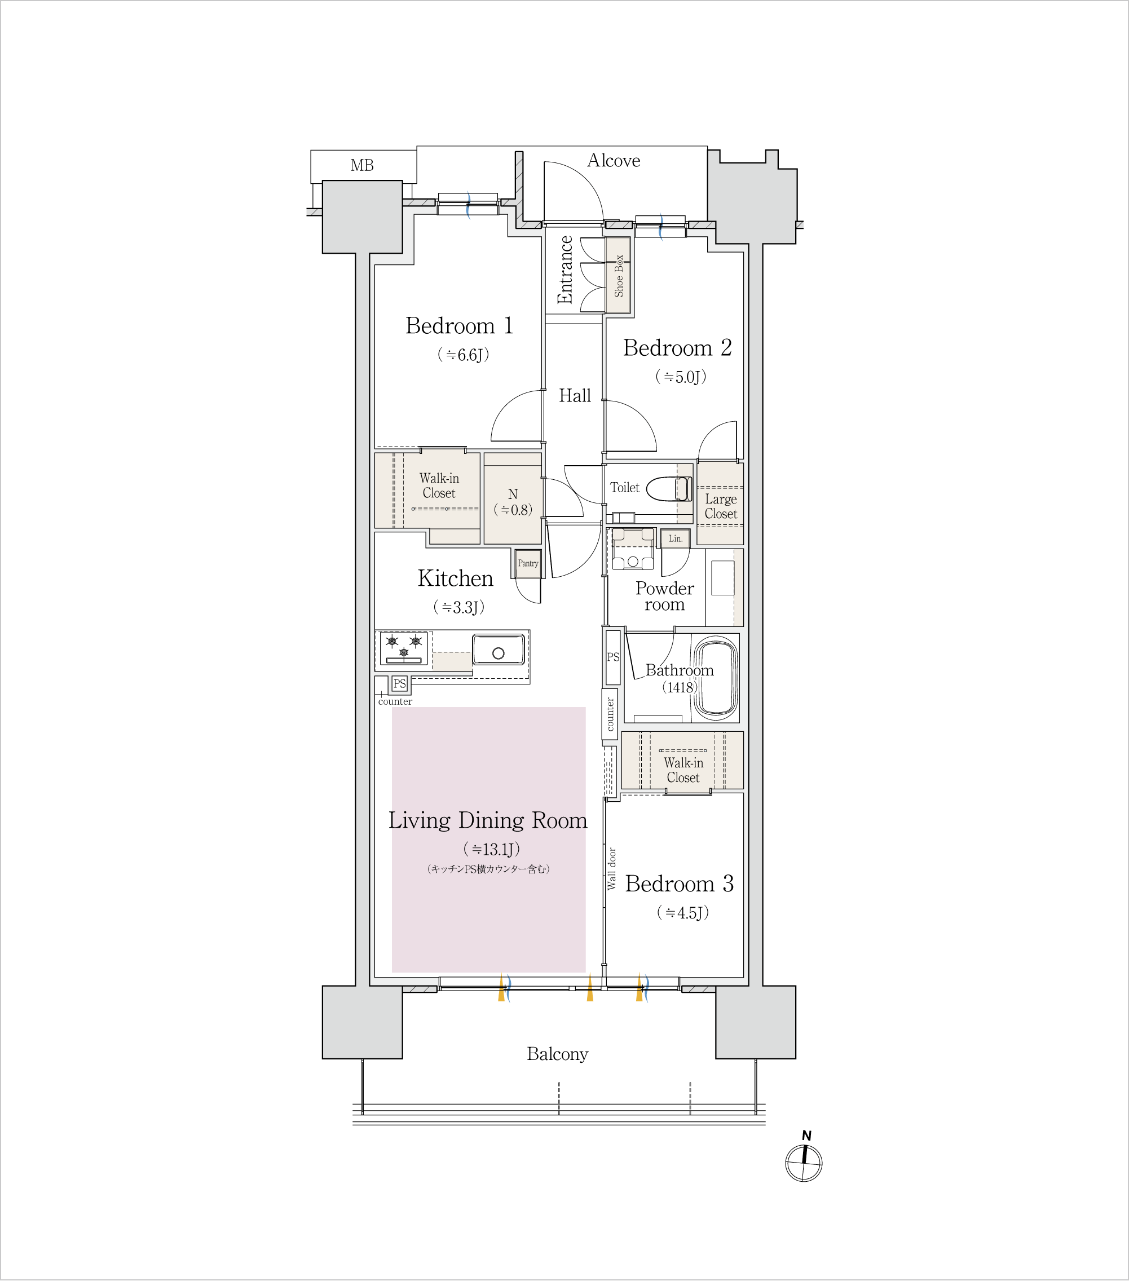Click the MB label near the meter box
363,165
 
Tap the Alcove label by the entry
614,161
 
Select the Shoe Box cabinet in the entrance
618,275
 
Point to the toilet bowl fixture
668,489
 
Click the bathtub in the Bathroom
715,678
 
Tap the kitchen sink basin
499,650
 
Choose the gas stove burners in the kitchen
404,648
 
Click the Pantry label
528,563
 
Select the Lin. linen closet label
675,538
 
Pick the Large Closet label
721,506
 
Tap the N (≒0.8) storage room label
513,502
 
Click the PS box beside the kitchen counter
400,684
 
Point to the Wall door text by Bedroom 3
612,869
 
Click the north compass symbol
804,1163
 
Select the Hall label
575,395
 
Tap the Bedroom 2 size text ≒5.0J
681,377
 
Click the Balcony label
557,1054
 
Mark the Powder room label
664,596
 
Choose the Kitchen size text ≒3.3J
459,607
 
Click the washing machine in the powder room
633,550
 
